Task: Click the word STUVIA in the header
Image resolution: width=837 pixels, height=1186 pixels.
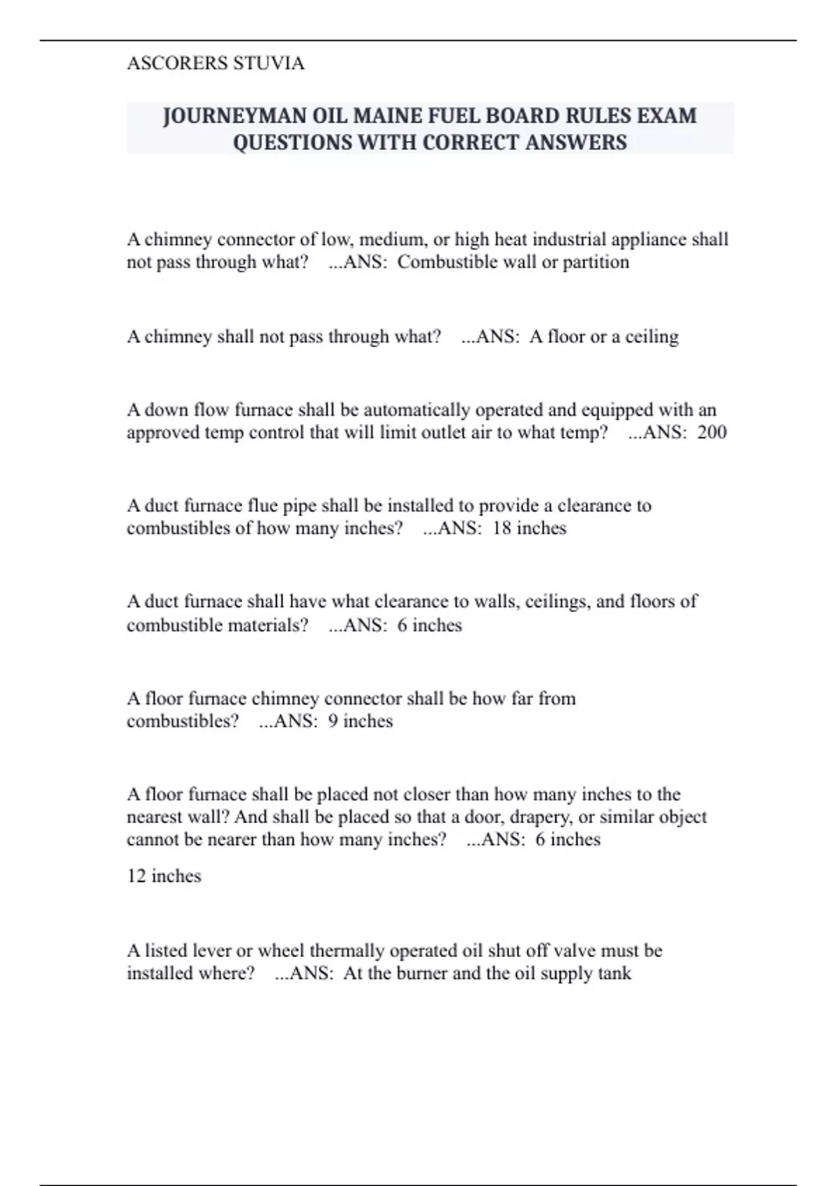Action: click(x=269, y=63)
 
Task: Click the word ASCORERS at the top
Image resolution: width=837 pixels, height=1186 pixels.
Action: click(x=177, y=63)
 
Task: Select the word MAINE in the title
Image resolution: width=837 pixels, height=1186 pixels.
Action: click(x=386, y=116)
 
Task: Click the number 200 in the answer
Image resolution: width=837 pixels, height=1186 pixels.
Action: click(x=711, y=433)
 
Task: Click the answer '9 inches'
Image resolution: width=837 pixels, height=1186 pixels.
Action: click(x=360, y=721)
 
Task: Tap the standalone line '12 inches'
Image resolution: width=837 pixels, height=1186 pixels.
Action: click(x=164, y=876)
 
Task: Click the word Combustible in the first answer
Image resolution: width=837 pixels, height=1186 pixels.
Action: click(x=446, y=262)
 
